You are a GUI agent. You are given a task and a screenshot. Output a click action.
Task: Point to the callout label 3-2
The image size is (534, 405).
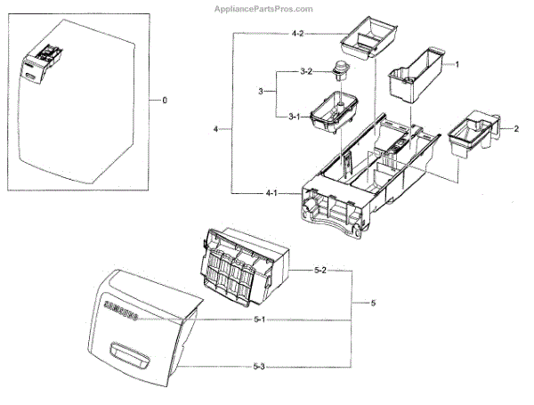pyautogui.click(x=304, y=71)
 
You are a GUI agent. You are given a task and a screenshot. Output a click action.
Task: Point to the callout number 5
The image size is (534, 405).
pyautogui.click(x=374, y=304)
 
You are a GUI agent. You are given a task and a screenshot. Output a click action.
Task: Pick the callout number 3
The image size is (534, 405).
pyautogui.click(x=262, y=93)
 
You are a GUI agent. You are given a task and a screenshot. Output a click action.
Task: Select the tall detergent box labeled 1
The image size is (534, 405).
pyautogui.click(x=414, y=76)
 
